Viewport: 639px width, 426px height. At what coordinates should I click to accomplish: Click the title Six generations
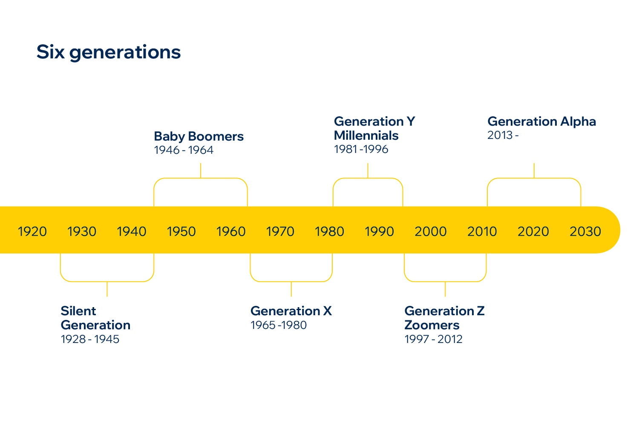(109, 52)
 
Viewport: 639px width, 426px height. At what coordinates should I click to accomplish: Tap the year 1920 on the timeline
(32, 231)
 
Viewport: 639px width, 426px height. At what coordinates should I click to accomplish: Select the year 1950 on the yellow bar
(181, 231)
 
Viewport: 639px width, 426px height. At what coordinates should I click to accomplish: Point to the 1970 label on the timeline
(280, 231)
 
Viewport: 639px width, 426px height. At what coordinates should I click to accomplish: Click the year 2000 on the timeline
(430, 231)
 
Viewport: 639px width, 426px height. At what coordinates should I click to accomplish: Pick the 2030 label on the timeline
(585, 231)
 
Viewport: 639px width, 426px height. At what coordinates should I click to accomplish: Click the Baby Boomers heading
(199, 136)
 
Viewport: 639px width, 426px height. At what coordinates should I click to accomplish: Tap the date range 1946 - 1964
(184, 150)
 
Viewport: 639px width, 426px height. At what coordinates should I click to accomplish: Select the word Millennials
(366, 135)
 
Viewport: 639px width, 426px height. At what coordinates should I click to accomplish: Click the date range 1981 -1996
(361, 149)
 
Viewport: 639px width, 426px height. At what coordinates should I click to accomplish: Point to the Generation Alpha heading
(541, 121)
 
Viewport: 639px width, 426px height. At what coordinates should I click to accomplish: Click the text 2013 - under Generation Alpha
(503, 135)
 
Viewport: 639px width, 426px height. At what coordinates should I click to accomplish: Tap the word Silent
(78, 311)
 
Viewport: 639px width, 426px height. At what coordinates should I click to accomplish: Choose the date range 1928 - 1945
(90, 339)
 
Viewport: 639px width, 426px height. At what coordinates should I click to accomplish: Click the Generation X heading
(291, 311)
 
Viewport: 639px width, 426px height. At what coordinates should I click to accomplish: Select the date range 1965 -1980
(279, 325)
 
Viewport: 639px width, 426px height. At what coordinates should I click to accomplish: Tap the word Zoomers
(432, 325)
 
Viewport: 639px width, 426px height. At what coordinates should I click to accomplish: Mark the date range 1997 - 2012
(433, 339)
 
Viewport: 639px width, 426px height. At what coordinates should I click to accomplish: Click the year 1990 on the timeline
(379, 231)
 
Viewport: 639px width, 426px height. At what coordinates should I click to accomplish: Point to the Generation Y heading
(374, 121)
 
